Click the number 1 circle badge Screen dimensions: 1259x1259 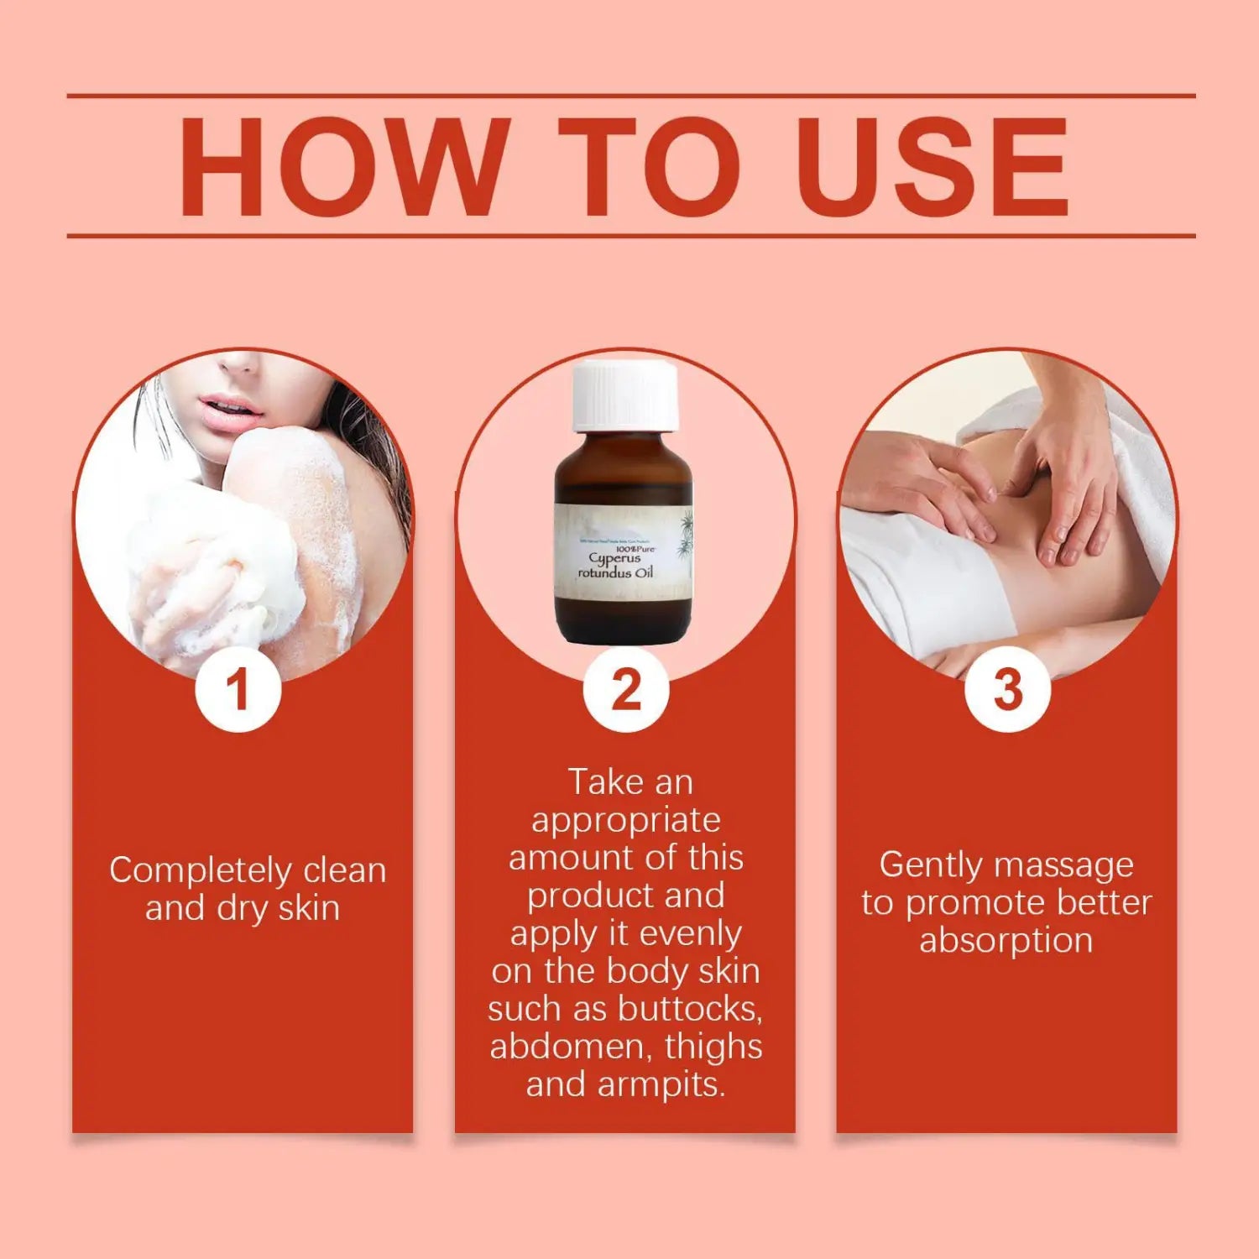238,690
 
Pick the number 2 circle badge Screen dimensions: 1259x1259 626,690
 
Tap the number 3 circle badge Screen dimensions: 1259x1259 1007,690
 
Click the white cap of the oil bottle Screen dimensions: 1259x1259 624,395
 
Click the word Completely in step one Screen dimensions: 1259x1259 201,871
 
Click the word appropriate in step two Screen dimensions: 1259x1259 625,821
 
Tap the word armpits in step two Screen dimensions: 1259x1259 661,1084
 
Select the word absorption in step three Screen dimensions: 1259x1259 1006,941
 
